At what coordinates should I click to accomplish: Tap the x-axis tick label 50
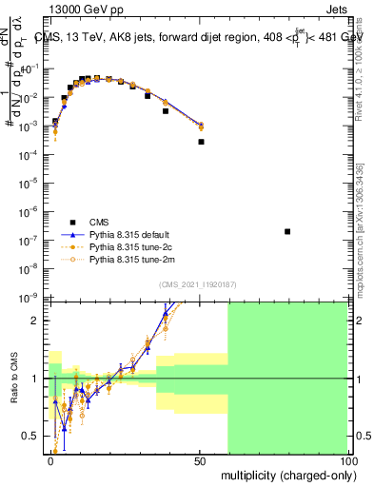pyautogui.click(x=200, y=461)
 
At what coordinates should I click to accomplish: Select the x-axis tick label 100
pyautogui.click(x=348, y=461)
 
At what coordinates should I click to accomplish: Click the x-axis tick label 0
pyautogui.click(x=51, y=461)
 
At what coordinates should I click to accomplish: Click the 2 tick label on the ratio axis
pyautogui.click(x=38, y=321)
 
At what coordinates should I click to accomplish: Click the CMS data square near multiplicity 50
pyautogui.click(x=201, y=142)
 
